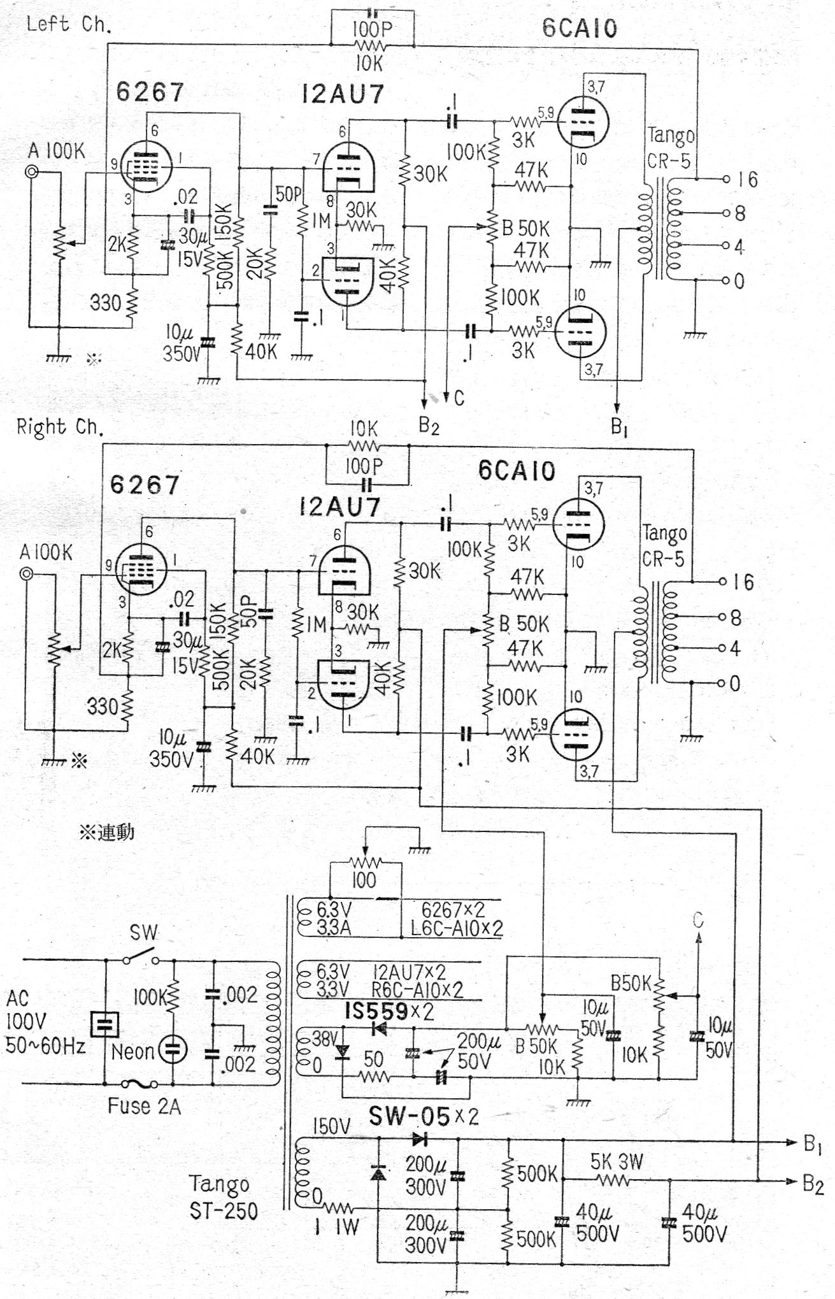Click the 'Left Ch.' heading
pyautogui.click(x=69, y=24)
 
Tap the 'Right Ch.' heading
pyautogui.click(x=59, y=426)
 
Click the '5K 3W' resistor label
pyautogui.click(x=617, y=1161)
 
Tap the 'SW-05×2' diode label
pyautogui.click(x=424, y=1116)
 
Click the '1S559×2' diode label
pyautogui.click(x=389, y=1011)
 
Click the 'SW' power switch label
pyautogui.click(x=143, y=933)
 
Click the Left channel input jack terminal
pyautogui.click(x=30, y=172)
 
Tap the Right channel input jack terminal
pyautogui.click(x=26, y=574)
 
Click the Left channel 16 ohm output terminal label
pyautogui.click(x=747, y=179)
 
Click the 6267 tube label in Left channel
pyautogui.click(x=150, y=92)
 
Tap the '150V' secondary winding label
pyautogui.click(x=331, y=1126)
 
